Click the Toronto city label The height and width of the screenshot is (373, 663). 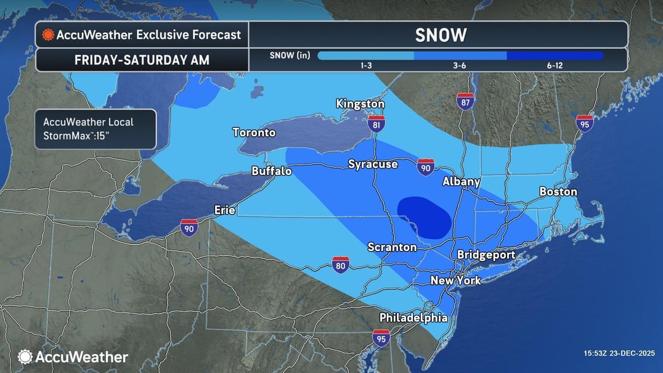254,133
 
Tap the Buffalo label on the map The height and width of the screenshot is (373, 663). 272,171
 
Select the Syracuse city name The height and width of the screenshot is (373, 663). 373,164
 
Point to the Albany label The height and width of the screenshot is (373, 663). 462,182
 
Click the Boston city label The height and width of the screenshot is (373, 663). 558,192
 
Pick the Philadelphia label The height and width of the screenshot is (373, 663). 413,318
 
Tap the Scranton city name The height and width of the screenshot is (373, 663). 392,247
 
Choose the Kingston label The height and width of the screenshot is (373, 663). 360,104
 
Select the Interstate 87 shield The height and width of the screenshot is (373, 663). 465,101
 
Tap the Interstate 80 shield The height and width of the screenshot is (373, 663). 341,265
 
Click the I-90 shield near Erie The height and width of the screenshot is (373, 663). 189,227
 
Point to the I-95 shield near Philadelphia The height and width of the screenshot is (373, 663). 381,338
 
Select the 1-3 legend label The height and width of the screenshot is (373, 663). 365,65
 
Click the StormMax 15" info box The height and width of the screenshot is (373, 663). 96,129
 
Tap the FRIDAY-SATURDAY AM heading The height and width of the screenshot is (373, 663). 142,60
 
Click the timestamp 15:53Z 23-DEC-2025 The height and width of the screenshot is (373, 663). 619,353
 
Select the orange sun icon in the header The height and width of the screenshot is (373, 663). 48,35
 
